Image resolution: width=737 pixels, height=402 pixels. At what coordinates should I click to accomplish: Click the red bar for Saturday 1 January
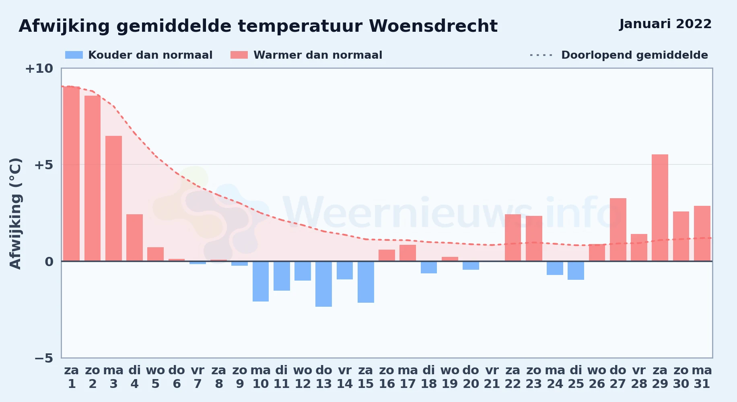pos(72,174)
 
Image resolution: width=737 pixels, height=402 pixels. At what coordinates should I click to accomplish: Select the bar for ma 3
pos(113,199)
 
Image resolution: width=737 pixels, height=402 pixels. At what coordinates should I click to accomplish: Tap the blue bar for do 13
pos(323,284)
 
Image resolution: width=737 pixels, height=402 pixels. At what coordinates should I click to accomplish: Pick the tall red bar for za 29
pos(660,208)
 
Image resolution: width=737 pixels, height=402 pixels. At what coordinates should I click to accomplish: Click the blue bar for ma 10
pos(261,281)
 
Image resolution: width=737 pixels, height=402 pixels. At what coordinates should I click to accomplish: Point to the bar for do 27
pos(618,230)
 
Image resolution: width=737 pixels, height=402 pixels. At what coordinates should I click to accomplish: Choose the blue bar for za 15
pos(366,282)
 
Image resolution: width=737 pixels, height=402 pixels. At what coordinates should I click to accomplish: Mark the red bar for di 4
pos(134,238)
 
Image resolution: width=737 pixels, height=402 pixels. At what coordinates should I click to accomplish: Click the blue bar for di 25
pos(576,271)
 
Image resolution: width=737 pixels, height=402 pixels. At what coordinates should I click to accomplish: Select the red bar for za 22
pos(513,238)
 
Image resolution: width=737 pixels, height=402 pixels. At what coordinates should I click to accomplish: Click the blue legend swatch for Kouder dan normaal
pos(74,55)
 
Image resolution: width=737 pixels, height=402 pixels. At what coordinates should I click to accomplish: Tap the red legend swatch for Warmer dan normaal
pos(239,55)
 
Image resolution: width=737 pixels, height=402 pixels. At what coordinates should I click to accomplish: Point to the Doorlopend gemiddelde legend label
pos(634,55)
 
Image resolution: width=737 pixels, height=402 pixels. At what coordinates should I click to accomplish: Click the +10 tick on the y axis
pos(39,68)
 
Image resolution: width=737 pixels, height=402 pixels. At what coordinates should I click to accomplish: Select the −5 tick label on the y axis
pos(44,358)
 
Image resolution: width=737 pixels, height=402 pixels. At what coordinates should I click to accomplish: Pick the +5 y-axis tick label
pos(44,165)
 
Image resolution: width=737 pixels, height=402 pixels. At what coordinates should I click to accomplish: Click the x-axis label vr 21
pos(492,377)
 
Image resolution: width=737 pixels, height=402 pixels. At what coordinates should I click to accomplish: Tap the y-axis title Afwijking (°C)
pos(15,213)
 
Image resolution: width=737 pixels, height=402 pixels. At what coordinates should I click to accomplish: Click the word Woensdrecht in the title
pos(433,26)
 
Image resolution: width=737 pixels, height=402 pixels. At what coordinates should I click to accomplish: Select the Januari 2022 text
pos(665,24)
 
